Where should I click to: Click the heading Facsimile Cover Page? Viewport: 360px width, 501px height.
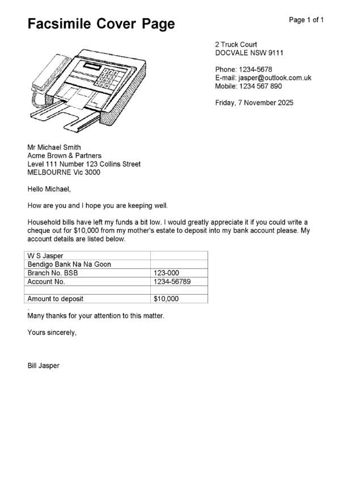[101, 24]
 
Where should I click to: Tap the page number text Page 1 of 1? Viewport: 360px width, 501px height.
[306, 20]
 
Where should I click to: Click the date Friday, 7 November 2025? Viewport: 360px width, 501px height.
[254, 103]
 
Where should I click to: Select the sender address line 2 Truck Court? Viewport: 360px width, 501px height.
[236, 44]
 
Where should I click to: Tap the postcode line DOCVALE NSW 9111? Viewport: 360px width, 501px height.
[249, 53]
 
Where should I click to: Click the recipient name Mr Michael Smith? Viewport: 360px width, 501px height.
[54, 147]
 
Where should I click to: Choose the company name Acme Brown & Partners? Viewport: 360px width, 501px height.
[65, 156]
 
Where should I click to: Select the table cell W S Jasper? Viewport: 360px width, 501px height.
[45, 256]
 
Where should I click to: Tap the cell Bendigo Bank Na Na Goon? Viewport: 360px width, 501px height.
[69, 264]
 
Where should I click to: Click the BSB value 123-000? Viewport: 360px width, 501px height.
[166, 273]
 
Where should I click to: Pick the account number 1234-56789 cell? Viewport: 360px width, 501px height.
[172, 281]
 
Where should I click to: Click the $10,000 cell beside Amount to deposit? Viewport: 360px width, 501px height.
[166, 298]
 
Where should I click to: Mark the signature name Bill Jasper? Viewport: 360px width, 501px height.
[43, 366]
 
